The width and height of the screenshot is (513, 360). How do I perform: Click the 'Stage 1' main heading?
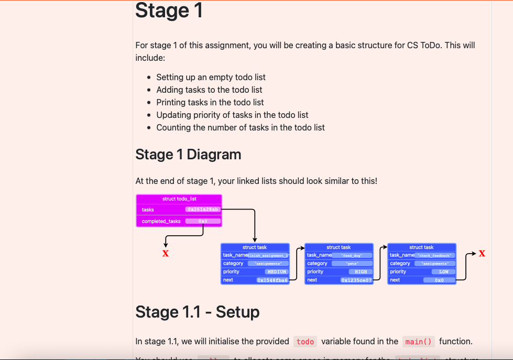pyautogui.click(x=169, y=11)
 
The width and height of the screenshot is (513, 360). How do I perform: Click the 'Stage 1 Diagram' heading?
pyautogui.click(x=188, y=155)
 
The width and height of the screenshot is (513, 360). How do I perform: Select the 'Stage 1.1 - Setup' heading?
pyautogui.click(x=197, y=312)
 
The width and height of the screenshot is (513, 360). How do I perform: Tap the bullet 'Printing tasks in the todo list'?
pyautogui.click(x=210, y=102)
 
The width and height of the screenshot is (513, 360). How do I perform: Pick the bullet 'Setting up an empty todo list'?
pyautogui.click(x=211, y=77)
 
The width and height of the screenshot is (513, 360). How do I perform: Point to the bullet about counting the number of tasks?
pyautogui.click(x=241, y=127)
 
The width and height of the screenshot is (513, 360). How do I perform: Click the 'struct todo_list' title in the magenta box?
pyautogui.click(x=179, y=199)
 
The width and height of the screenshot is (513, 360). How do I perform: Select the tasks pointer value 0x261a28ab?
pyautogui.click(x=202, y=210)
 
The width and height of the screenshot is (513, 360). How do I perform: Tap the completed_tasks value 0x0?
pyautogui.click(x=202, y=221)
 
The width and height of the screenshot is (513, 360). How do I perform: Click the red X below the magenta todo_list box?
pyautogui.click(x=166, y=254)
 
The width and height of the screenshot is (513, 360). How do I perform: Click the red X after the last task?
pyautogui.click(x=482, y=254)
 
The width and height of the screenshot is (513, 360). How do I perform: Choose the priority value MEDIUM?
pyautogui.click(x=277, y=272)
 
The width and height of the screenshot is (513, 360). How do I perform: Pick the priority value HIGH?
pyautogui.click(x=361, y=272)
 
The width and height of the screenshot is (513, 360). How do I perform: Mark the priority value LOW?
pyautogui.click(x=443, y=272)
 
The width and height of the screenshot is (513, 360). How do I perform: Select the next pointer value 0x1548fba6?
pyautogui.click(x=272, y=280)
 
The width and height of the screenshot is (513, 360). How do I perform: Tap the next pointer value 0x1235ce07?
pyautogui.click(x=356, y=280)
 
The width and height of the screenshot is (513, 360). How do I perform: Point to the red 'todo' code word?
pyautogui.click(x=305, y=342)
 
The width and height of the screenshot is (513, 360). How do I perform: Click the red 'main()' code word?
pyautogui.click(x=419, y=342)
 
